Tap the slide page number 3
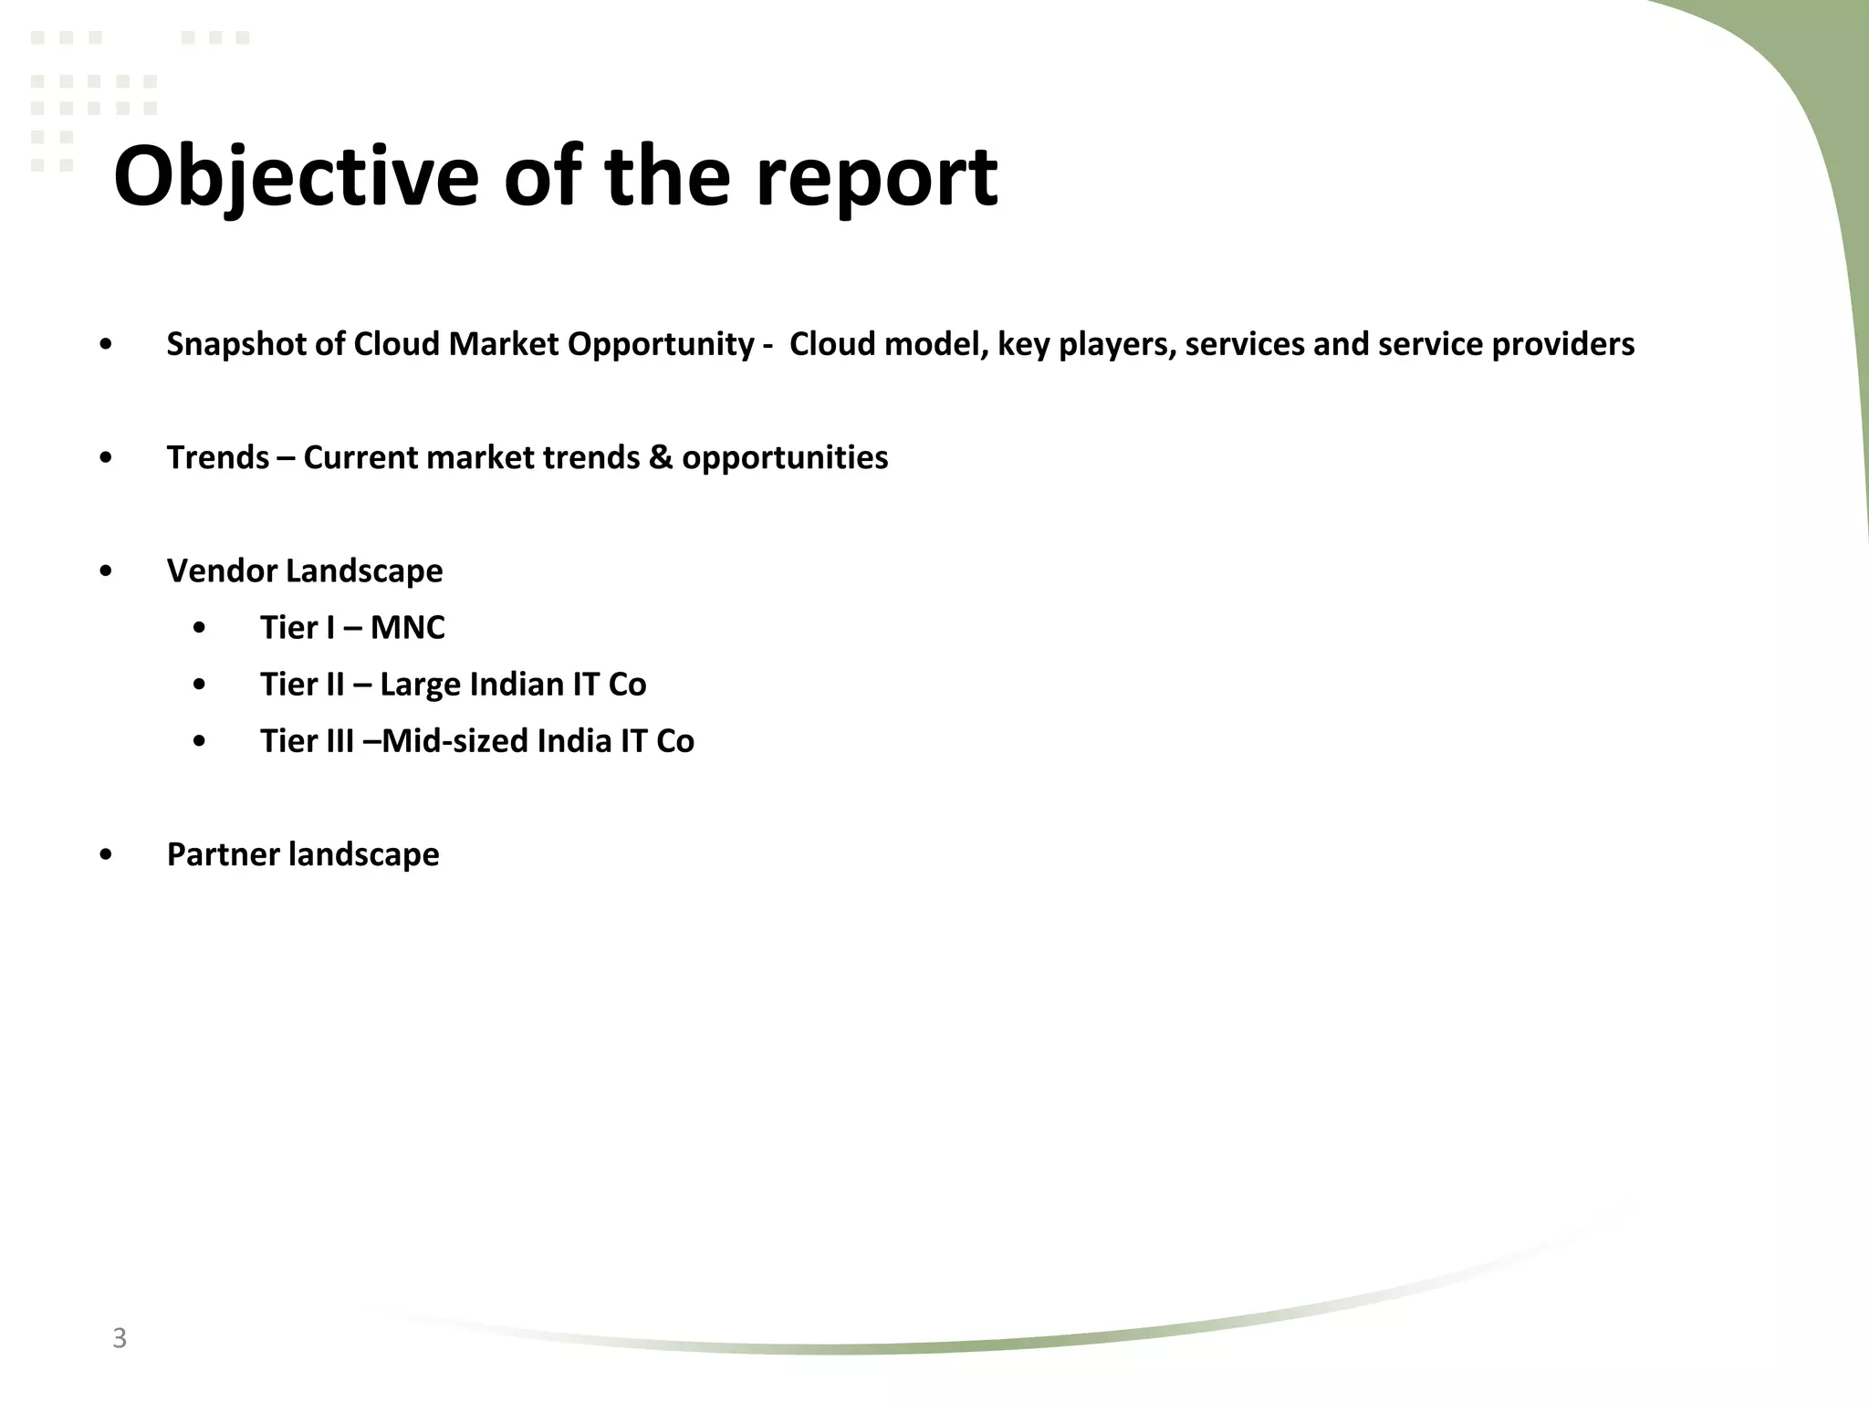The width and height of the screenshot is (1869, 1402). click(x=119, y=1338)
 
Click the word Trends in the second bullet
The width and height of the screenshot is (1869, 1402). click(x=218, y=457)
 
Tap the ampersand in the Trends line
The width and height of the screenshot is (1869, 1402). click(x=659, y=457)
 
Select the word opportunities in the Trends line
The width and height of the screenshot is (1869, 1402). click(x=785, y=457)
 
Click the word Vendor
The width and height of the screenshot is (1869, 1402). click(x=222, y=571)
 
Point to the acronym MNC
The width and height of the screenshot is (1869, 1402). click(x=407, y=628)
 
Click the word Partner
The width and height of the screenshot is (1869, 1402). click(x=223, y=854)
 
